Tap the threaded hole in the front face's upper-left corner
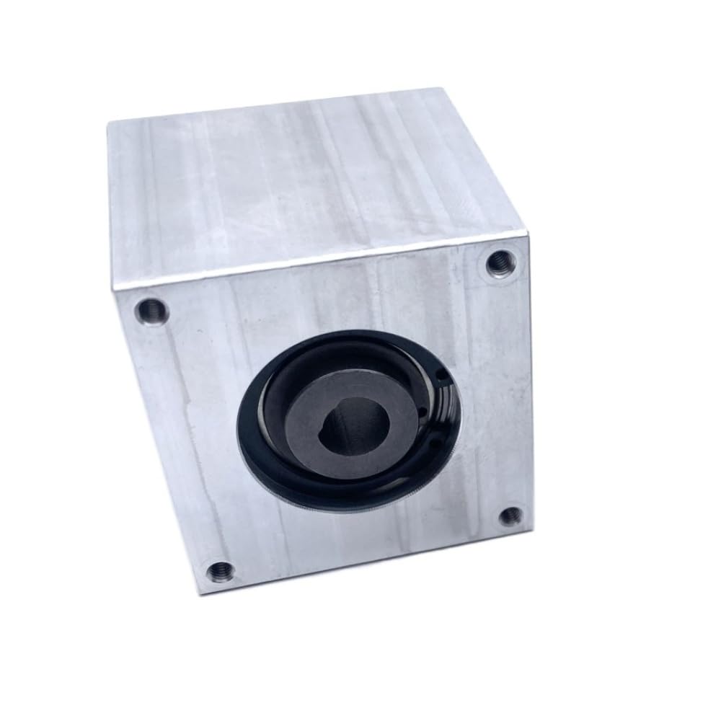click(x=153, y=311)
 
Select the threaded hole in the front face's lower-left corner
click(x=221, y=572)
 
